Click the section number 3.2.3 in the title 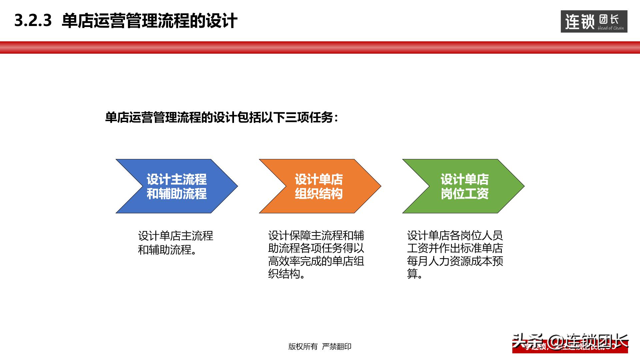point(33,21)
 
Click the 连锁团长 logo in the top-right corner point(594,22)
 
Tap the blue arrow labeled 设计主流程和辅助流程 point(177,186)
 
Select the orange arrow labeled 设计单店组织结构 point(319,186)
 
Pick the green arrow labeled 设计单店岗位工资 point(464,186)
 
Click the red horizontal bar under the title point(320,47)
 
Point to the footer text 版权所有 point(303,347)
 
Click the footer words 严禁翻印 point(337,347)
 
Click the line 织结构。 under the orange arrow point(287,274)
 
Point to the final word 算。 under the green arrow point(415,274)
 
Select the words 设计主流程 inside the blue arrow point(177,179)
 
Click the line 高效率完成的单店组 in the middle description point(316,261)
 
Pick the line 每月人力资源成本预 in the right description point(455,261)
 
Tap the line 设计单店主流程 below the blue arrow point(175,236)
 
